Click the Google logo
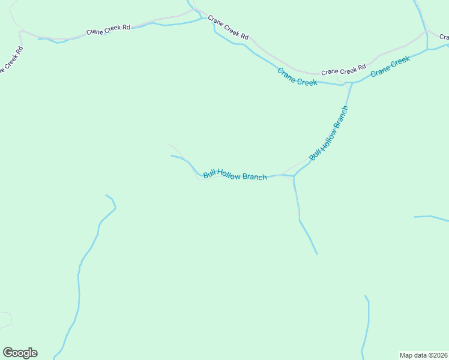tap(20, 353)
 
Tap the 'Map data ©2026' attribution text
tap(423, 355)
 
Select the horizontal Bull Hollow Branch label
tap(235, 175)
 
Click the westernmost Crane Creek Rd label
tap(108, 29)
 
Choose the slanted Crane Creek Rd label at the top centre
tap(228, 28)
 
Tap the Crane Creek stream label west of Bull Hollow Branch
tap(297, 77)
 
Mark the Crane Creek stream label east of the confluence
tap(390, 66)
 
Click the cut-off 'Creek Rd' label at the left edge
tap(11, 61)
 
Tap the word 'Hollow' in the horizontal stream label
tap(229, 175)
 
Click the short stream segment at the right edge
tap(431, 217)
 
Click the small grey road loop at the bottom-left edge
tap(6, 319)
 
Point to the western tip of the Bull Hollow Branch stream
tap(172, 156)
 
